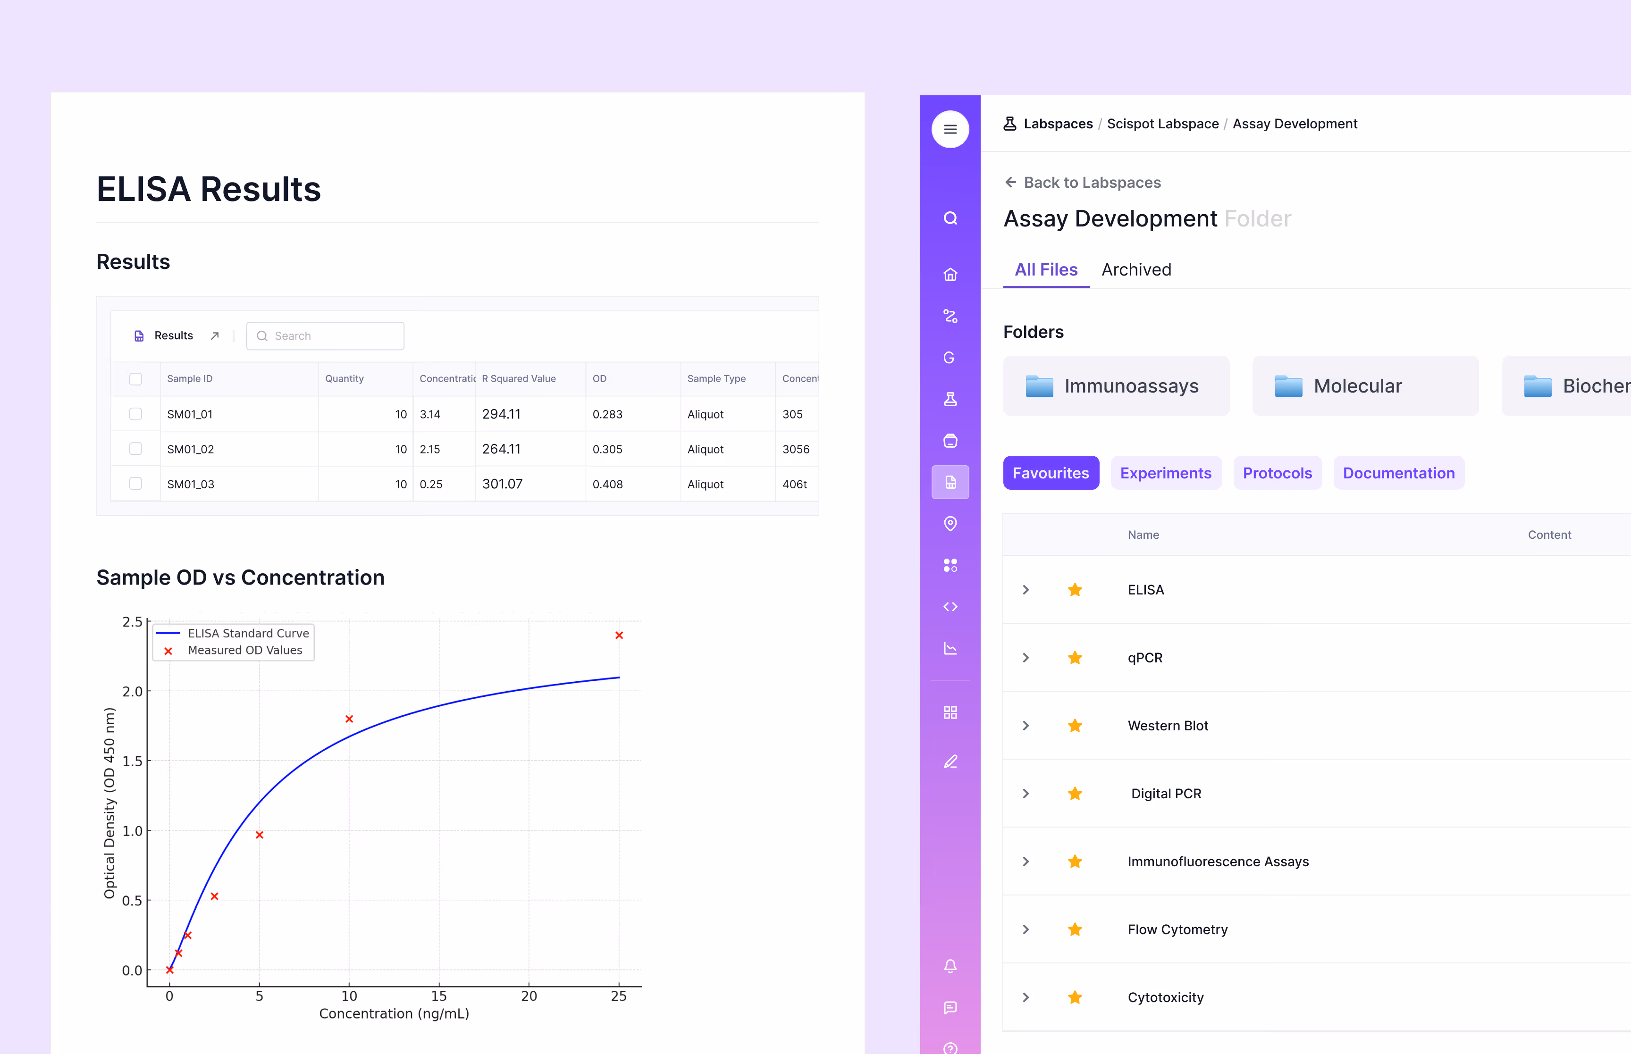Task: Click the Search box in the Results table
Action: (x=325, y=336)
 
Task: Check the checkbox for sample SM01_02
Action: (x=135, y=449)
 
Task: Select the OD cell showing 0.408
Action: (x=607, y=485)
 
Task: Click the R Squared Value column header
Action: (x=518, y=378)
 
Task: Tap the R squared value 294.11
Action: (x=501, y=414)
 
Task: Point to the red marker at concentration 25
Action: (x=619, y=635)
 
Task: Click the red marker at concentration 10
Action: (x=349, y=719)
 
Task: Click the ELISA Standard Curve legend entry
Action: (x=248, y=633)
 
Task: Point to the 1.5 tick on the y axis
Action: (x=132, y=761)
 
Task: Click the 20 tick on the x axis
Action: (x=529, y=996)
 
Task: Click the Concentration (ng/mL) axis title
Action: (x=394, y=1013)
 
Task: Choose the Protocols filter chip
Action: (x=1277, y=473)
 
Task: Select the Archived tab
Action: (x=1135, y=270)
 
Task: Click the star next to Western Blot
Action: (x=1075, y=726)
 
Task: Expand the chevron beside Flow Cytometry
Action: (x=1026, y=929)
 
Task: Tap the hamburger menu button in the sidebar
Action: (x=950, y=129)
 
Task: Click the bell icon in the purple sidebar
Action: (x=950, y=966)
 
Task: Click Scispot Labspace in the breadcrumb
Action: (x=1162, y=124)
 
